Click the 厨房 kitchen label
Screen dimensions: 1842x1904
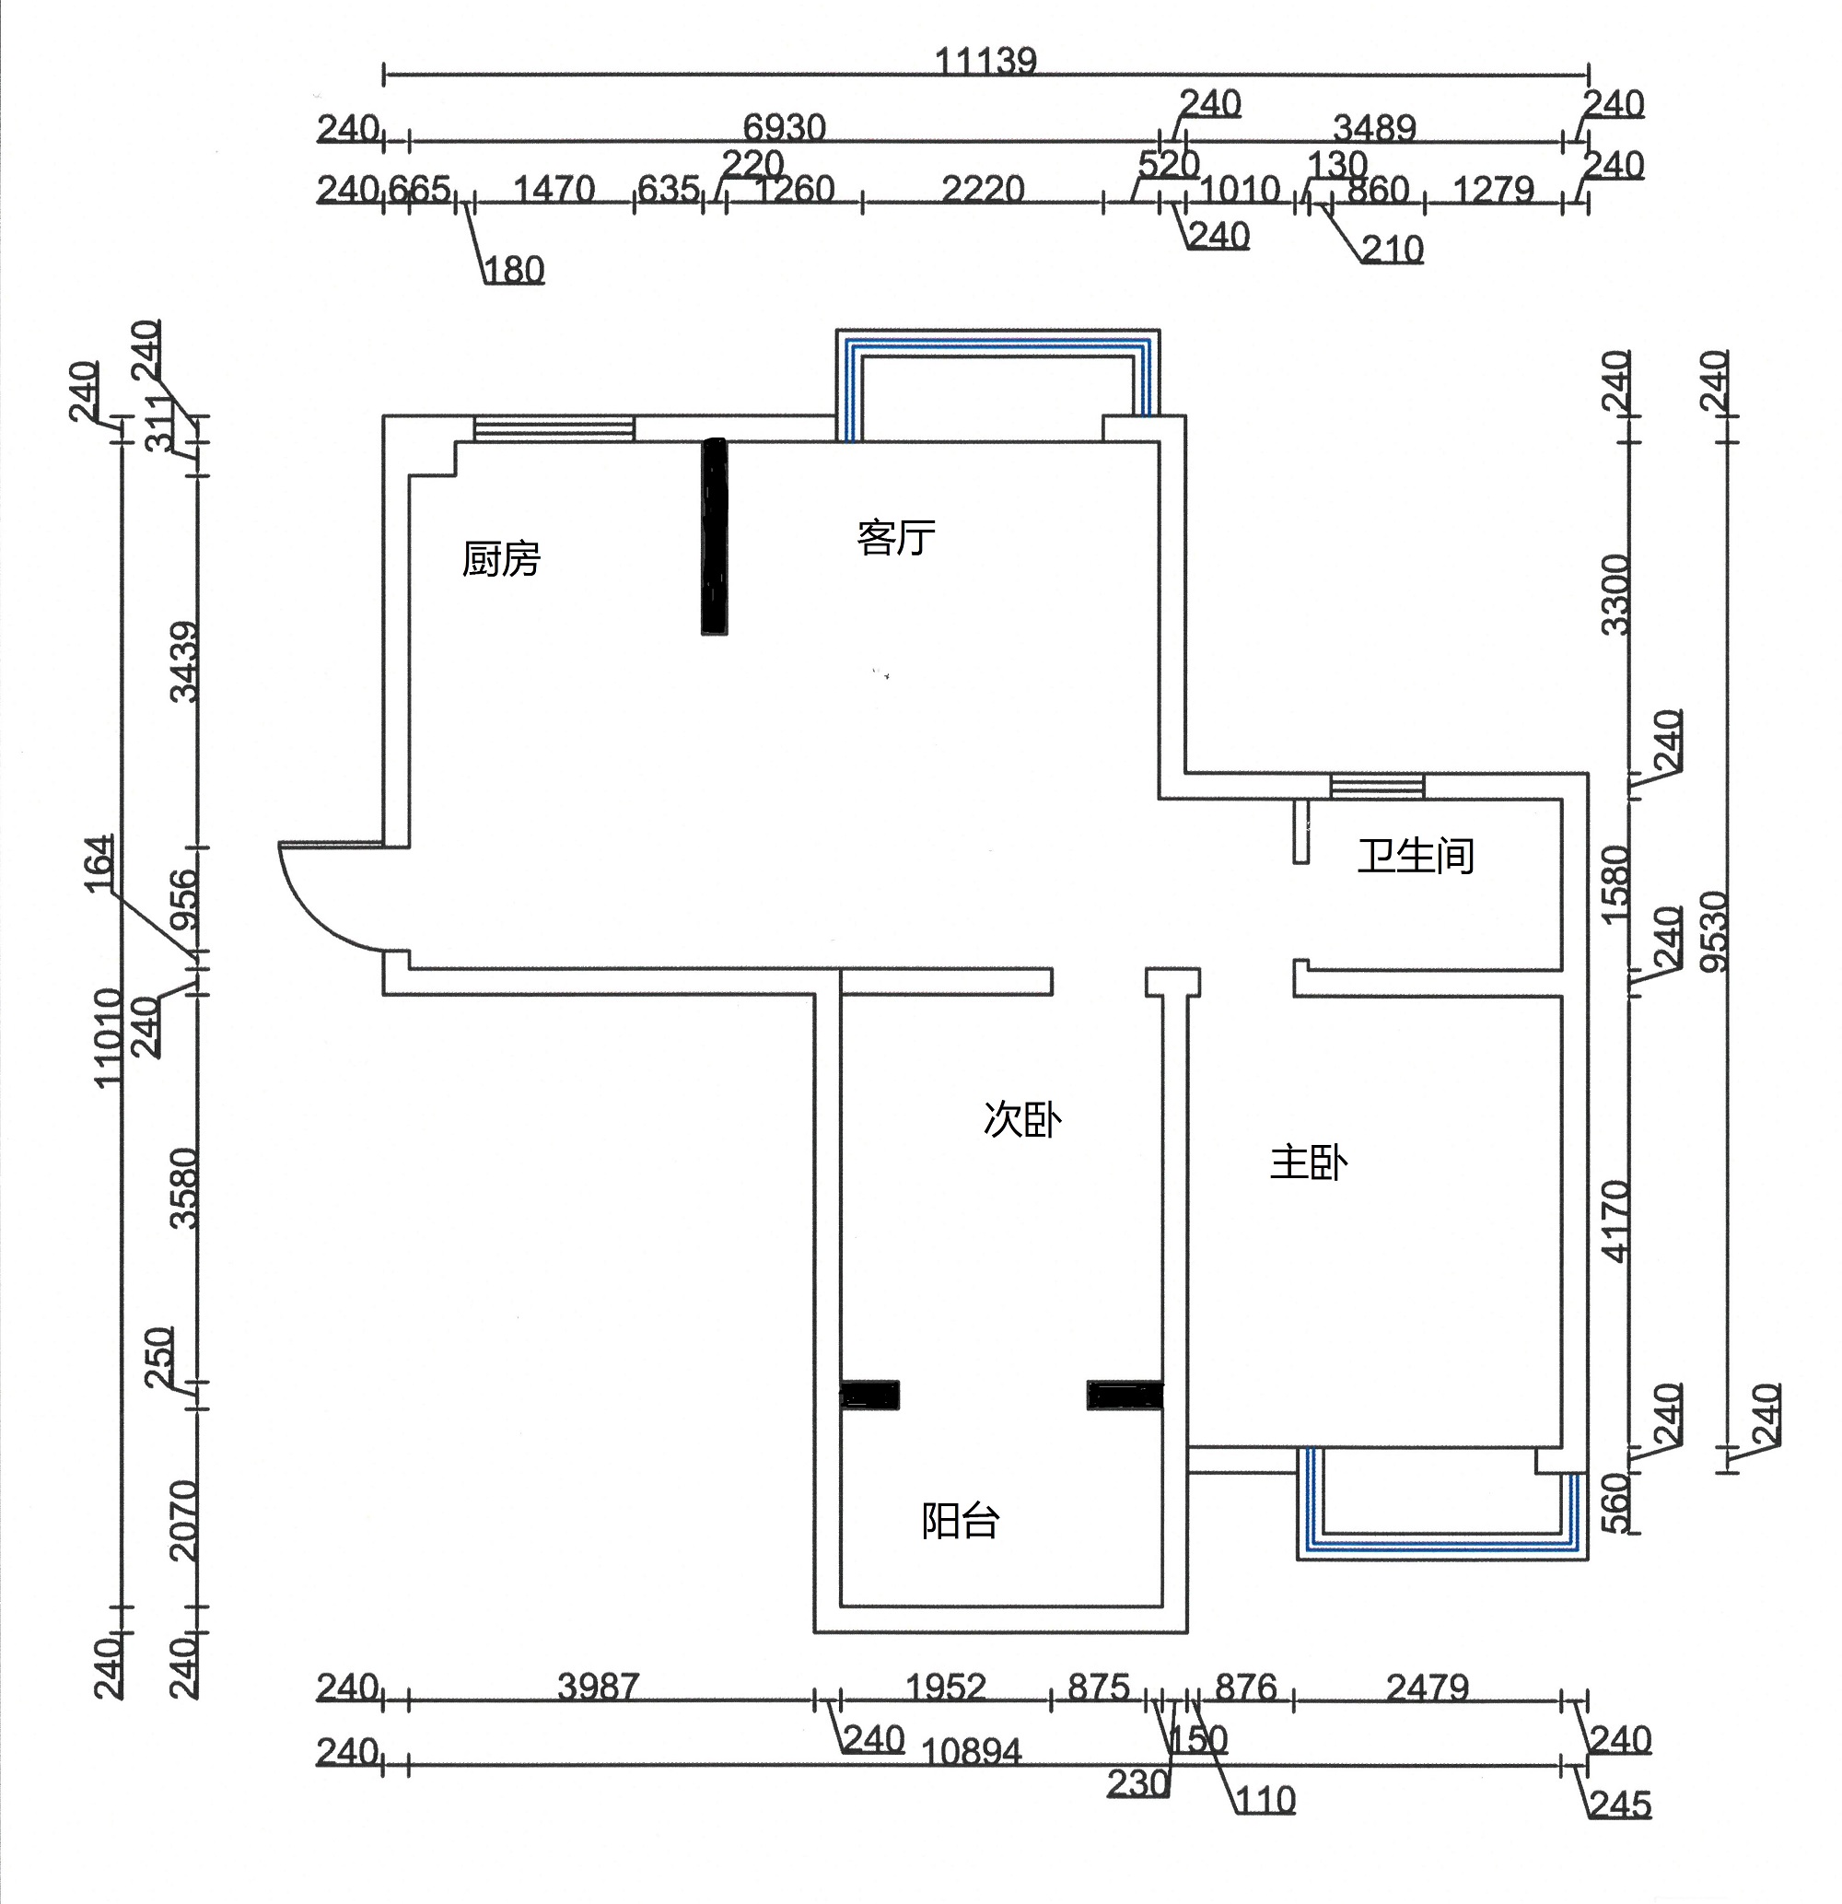click(x=500, y=559)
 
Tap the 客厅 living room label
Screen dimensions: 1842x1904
click(x=896, y=537)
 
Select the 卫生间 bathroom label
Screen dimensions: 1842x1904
click(x=1416, y=856)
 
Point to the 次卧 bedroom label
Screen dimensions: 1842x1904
click(x=1022, y=1119)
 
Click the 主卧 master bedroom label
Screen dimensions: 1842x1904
click(x=1309, y=1162)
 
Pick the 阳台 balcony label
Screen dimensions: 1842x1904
click(x=960, y=1520)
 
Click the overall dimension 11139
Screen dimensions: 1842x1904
click(x=985, y=61)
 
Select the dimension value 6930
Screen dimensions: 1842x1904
click(x=784, y=127)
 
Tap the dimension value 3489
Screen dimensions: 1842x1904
click(x=1375, y=127)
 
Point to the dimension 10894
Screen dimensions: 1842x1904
click(x=971, y=1751)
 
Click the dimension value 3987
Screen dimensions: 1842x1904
click(x=599, y=1687)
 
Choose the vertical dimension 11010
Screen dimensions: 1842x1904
click(x=108, y=1036)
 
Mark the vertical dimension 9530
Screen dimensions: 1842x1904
click(x=1715, y=930)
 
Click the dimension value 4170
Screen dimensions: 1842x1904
click(x=1614, y=1221)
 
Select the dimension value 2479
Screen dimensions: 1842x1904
click(x=1428, y=1688)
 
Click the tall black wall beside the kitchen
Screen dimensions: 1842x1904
click(x=714, y=536)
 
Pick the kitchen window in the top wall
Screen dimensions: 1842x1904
click(x=554, y=428)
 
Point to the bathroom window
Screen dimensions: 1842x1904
click(x=1377, y=786)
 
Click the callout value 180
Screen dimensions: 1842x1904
click(x=514, y=269)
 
